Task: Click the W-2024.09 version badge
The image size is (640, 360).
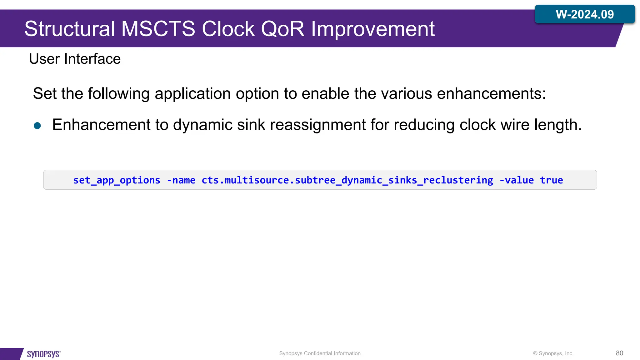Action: click(x=585, y=14)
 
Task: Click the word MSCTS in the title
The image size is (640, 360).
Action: click(x=158, y=29)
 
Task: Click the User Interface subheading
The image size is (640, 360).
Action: click(x=75, y=59)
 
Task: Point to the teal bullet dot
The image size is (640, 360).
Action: click(x=37, y=126)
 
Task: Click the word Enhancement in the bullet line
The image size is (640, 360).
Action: click(x=101, y=125)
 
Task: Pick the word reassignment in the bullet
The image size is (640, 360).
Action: click(x=317, y=125)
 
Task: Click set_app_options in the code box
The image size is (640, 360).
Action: click(x=117, y=180)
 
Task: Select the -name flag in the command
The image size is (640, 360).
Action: click(x=181, y=180)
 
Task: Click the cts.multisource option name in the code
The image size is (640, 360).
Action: click(x=347, y=180)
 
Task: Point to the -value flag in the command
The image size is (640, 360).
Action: click(x=516, y=180)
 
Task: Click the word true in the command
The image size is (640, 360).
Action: click(x=551, y=180)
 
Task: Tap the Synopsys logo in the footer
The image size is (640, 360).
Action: click(x=43, y=354)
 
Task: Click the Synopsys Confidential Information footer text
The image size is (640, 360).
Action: click(x=320, y=353)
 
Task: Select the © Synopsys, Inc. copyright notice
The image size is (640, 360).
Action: click(x=553, y=353)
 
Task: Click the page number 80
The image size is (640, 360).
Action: click(x=619, y=353)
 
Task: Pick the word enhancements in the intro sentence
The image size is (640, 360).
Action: click(x=491, y=93)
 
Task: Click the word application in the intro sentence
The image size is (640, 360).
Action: click(x=192, y=93)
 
